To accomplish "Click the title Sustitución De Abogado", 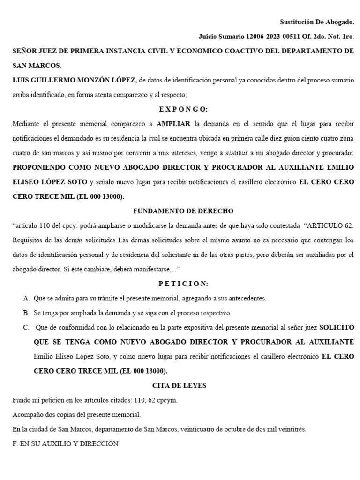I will click(317, 22).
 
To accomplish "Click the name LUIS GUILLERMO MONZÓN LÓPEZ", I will click(75, 80).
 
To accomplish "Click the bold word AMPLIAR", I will click(173, 124).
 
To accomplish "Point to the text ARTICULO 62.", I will click(329, 225).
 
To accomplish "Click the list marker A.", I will click(25, 298).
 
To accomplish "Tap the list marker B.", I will click(25, 313).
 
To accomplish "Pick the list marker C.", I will click(25, 327).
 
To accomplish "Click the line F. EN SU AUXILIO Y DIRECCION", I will click(66, 443).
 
